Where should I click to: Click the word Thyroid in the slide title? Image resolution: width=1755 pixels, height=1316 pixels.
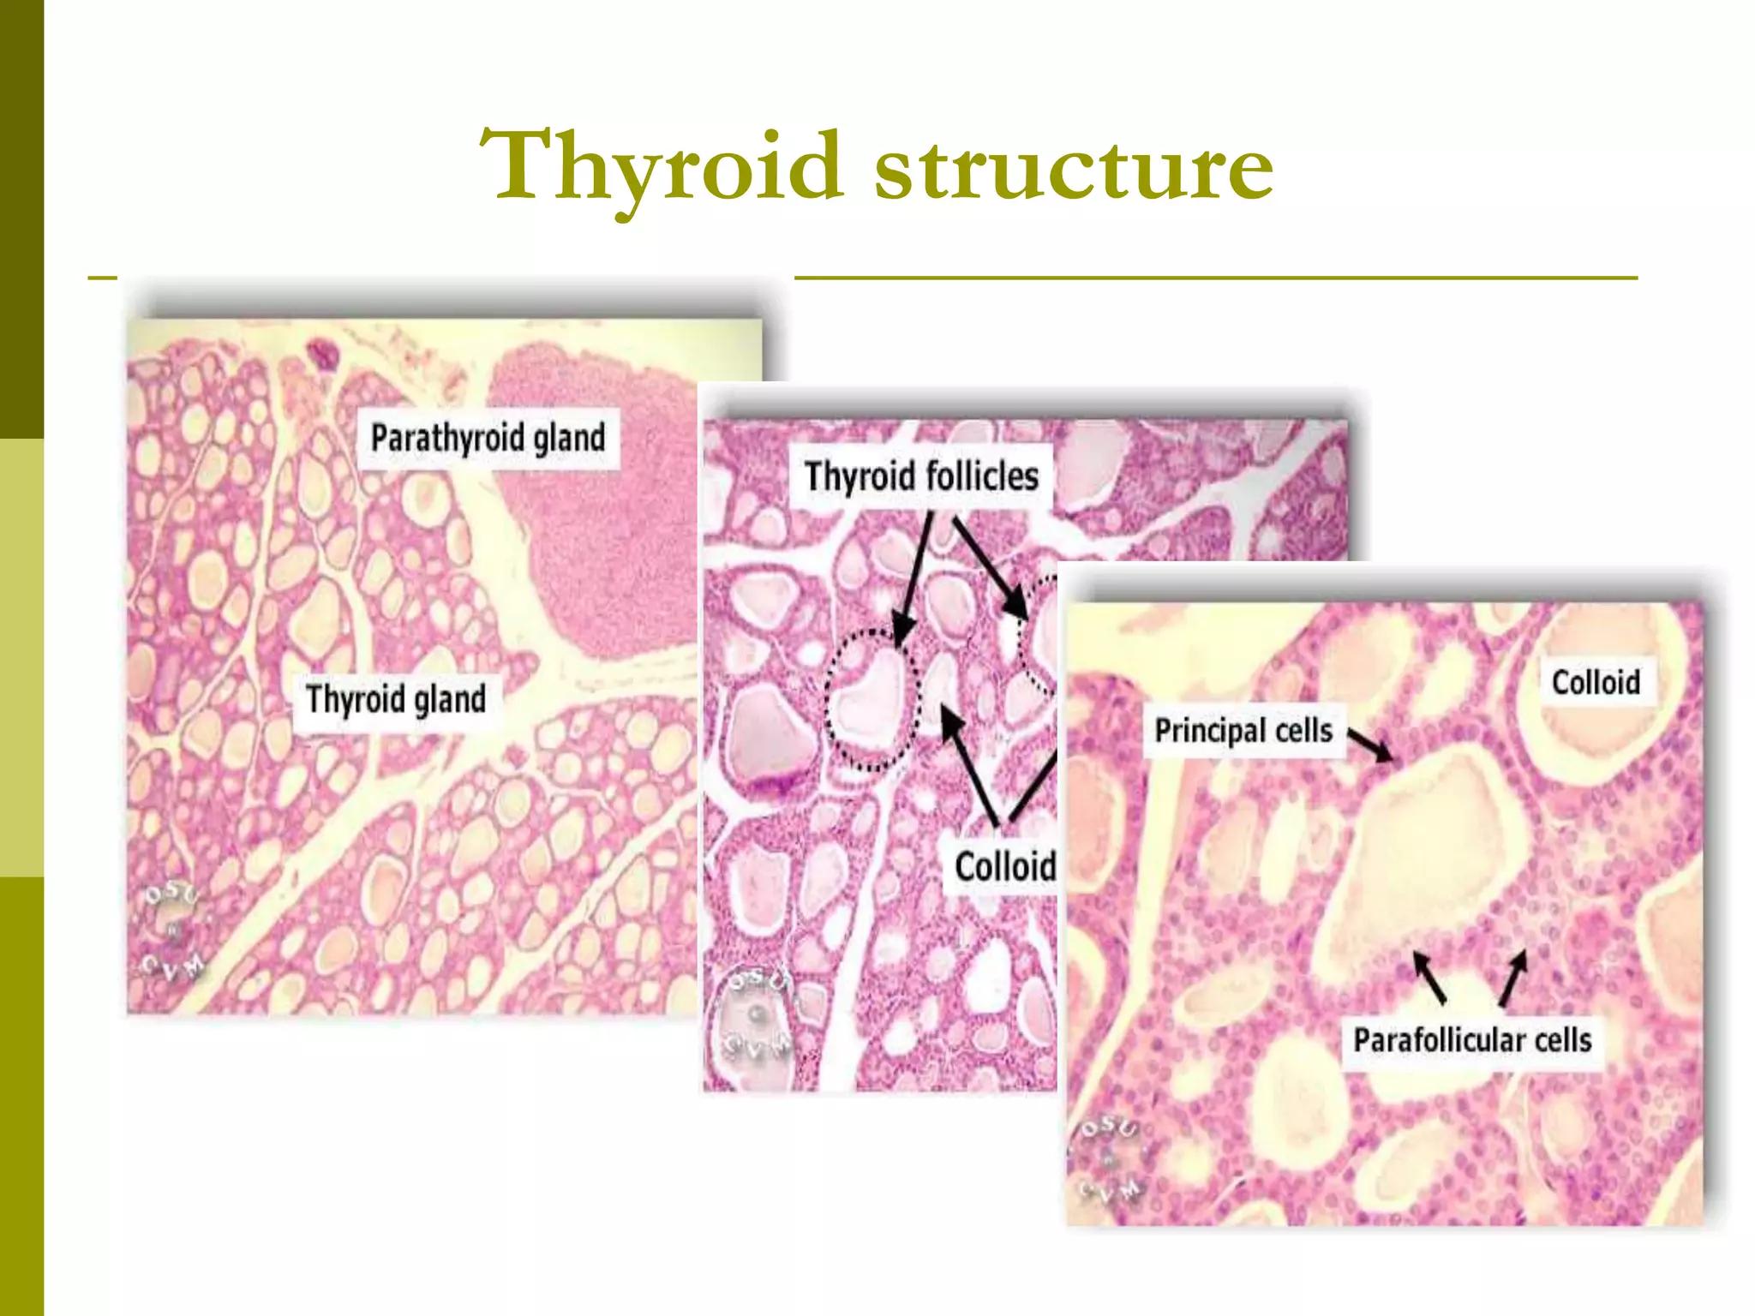[661, 167]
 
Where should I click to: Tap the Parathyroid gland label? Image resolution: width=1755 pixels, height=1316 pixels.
[488, 438]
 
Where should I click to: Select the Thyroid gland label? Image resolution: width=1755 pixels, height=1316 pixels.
[396, 699]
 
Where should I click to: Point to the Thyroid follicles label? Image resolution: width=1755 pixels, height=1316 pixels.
[921, 476]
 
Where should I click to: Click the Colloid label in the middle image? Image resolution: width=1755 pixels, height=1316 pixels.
[1004, 867]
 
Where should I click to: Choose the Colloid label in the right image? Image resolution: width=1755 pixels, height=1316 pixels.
[1596, 683]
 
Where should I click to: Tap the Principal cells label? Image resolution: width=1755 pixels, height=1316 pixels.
[1243, 731]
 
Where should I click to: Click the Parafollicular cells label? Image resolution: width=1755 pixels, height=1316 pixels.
[1472, 1040]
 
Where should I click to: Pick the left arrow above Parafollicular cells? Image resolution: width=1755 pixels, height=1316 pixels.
[1429, 978]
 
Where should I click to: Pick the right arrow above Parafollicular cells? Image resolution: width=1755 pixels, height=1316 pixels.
[1513, 978]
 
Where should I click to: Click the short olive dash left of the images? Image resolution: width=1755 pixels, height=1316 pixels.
[102, 278]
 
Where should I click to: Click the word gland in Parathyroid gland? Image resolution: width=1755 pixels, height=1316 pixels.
[569, 438]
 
